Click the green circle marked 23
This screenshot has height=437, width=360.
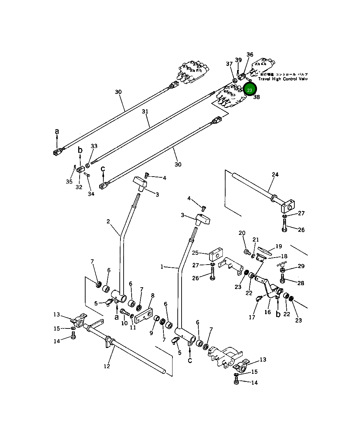click(x=250, y=90)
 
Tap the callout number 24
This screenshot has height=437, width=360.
click(x=275, y=175)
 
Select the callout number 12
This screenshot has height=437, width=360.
click(x=107, y=366)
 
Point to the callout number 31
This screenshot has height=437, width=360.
click(x=145, y=111)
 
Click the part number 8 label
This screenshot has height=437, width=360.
click(x=153, y=296)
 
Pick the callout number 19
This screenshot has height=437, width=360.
click(x=278, y=246)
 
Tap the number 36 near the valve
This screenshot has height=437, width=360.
click(x=250, y=54)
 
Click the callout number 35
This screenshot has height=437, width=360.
click(x=69, y=182)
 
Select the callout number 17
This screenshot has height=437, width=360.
click(x=252, y=317)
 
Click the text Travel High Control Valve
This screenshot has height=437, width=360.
click(x=282, y=79)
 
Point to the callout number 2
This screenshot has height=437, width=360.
click(x=108, y=221)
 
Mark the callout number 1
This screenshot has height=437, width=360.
click(x=162, y=267)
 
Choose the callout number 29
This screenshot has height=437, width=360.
click(x=301, y=266)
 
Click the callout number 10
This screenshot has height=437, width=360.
click(x=124, y=323)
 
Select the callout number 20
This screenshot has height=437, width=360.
click(x=242, y=233)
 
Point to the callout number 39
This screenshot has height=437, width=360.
click(x=238, y=60)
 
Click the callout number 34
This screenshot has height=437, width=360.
click(x=91, y=194)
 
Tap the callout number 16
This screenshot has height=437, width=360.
click(x=267, y=312)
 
